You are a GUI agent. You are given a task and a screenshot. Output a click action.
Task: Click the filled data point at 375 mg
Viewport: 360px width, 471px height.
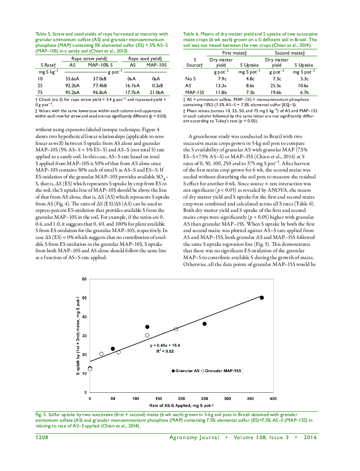pos(262,297)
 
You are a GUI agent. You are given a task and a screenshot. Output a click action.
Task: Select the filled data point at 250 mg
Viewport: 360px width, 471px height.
pos(205,324)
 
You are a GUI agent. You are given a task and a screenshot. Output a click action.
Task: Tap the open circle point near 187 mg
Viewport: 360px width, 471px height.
pos(176,329)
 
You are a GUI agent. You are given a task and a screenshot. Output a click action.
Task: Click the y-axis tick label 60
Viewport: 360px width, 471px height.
pos(84,279)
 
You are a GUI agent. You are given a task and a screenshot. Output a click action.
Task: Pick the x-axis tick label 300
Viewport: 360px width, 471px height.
pos(227,398)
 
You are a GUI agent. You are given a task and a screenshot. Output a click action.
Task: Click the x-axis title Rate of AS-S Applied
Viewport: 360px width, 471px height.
pos(181,405)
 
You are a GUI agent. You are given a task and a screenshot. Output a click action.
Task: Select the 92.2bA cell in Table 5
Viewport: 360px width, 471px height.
pos(73,86)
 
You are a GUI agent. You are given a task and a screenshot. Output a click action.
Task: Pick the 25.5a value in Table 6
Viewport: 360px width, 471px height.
pos(276,86)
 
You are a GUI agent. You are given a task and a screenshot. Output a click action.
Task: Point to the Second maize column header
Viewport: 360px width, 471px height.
pos(289,53)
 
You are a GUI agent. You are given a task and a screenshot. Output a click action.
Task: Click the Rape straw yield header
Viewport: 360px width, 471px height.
pos(89,59)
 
